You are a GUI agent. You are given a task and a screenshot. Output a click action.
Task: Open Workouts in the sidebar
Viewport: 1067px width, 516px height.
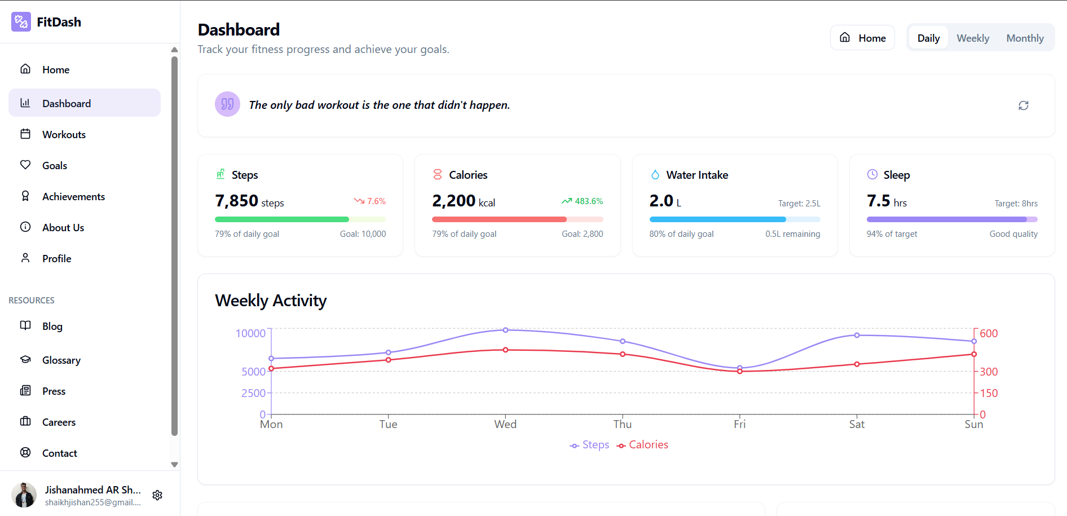(x=64, y=135)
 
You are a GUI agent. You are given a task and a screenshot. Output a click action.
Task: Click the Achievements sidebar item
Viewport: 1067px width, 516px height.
(x=73, y=197)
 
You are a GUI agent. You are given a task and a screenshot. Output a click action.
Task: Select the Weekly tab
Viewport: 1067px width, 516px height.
(x=973, y=38)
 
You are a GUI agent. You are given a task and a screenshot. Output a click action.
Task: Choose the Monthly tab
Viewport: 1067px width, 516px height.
(x=1025, y=38)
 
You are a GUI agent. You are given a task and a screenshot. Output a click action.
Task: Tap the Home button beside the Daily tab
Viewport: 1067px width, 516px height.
(x=862, y=38)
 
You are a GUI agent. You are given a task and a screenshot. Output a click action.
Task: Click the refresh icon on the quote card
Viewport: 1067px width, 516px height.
(x=1023, y=105)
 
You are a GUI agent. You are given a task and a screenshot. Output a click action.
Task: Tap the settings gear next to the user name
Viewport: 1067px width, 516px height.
(x=157, y=495)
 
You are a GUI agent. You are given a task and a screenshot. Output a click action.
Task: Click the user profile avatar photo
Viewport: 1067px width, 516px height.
(x=24, y=495)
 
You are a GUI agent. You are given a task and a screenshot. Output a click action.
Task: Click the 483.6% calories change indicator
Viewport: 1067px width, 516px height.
(x=582, y=201)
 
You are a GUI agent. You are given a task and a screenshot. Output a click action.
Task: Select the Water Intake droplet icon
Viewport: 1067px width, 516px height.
(x=655, y=175)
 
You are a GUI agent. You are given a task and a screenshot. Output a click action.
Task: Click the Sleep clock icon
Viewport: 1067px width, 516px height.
(x=872, y=175)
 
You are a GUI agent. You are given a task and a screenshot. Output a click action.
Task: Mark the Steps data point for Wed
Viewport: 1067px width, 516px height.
(x=505, y=330)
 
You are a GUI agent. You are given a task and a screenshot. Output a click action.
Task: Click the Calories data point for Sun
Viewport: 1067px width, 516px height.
(x=974, y=354)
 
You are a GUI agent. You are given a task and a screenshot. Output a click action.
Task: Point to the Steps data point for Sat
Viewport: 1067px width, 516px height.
(x=857, y=335)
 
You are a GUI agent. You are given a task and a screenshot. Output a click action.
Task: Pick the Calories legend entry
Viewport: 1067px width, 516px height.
(x=642, y=445)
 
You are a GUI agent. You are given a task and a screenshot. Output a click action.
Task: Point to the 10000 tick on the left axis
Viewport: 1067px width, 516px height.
(x=250, y=333)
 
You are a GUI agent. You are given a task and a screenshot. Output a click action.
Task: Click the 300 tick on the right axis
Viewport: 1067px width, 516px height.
(x=988, y=372)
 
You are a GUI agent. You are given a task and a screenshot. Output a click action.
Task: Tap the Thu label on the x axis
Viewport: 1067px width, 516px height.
(x=623, y=425)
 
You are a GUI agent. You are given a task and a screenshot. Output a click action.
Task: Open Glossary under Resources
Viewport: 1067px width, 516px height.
(x=61, y=360)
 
